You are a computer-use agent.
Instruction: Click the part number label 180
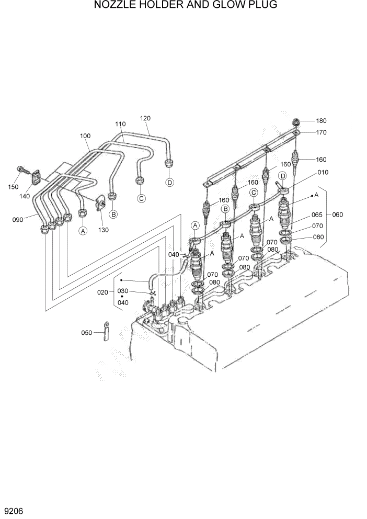[321, 121]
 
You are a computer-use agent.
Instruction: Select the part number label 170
[321, 132]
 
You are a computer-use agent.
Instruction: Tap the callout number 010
[323, 172]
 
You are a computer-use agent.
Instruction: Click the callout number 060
[338, 215]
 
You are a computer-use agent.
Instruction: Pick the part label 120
[145, 118]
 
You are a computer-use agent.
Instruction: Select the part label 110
[120, 124]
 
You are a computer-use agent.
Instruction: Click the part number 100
[85, 136]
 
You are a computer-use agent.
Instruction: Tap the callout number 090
[18, 220]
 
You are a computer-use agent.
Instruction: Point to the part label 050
[86, 332]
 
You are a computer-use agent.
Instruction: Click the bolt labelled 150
[23, 170]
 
